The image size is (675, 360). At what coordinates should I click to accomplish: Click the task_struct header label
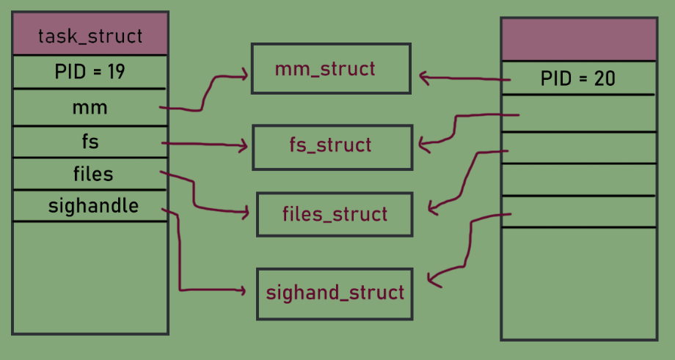tap(90, 35)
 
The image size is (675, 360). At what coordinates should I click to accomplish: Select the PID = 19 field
tap(90, 73)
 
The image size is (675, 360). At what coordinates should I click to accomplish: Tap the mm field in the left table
tap(90, 108)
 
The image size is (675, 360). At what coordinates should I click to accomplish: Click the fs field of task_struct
tap(90, 142)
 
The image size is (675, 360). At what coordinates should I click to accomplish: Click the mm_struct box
tap(331, 69)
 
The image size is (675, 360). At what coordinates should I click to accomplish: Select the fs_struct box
tap(332, 147)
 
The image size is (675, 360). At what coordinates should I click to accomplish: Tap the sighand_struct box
tap(335, 293)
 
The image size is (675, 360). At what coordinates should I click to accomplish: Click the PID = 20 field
tap(577, 78)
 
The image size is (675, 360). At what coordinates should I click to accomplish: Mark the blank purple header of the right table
tap(578, 40)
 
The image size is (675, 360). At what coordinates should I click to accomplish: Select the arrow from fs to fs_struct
tap(205, 145)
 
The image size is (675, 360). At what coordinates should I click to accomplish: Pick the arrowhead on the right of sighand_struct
tap(432, 279)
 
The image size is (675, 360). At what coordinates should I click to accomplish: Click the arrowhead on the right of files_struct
tap(433, 209)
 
